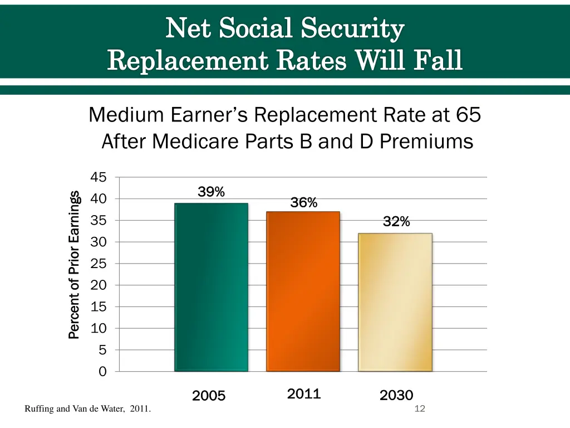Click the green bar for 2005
[x=211, y=287]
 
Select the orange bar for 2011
[x=303, y=291]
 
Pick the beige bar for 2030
[x=395, y=302]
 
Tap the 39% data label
[x=212, y=192]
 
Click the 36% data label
[x=304, y=203]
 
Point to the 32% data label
[x=396, y=222]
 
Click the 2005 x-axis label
[x=209, y=396]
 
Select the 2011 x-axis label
[x=304, y=394]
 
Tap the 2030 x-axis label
[x=396, y=396]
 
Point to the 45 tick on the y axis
[x=99, y=177]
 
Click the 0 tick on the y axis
[x=102, y=372]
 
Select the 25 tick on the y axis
[x=99, y=264]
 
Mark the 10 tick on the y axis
[x=99, y=328]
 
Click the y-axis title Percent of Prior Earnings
[x=74, y=265]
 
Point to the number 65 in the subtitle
[x=468, y=115]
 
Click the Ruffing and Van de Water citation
[x=87, y=410]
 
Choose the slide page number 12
[x=420, y=410]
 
